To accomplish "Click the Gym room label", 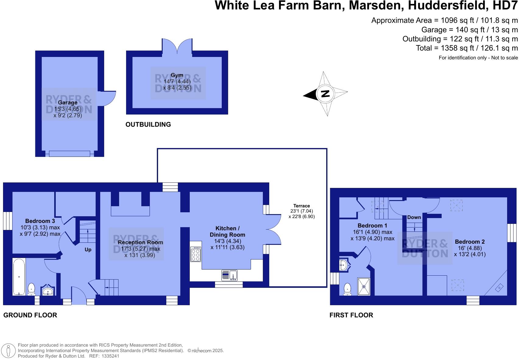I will (177, 75).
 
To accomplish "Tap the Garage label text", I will (67, 103).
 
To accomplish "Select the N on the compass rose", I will (326, 94).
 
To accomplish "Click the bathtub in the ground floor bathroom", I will (19, 277).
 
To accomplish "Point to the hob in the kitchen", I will (196, 254).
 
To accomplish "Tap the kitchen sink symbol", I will (229, 275).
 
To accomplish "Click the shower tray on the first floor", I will (363, 287).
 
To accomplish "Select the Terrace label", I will (302, 206).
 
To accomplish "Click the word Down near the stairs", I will (414, 217).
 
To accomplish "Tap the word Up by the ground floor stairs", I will (88, 249).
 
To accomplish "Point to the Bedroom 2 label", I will (470, 242).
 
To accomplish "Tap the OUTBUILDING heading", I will (148, 124).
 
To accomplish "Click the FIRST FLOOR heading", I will (351, 315).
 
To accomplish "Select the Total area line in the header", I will (467, 48).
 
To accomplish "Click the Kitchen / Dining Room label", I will (227, 231).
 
